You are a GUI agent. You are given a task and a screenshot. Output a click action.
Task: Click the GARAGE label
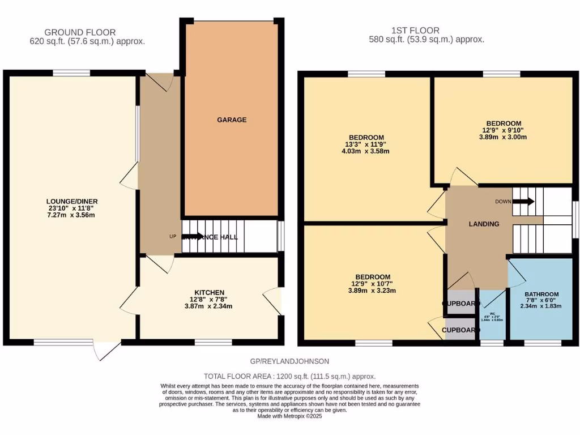click(x=232, y=120)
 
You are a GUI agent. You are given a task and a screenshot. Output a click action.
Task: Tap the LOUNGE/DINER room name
click(x=69, y=201)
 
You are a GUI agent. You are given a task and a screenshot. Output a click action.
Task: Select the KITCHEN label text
click(x=209, y=292)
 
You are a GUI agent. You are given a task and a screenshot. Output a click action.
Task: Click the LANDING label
click(x=484, y=224)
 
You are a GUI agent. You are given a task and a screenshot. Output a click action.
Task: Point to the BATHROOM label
click(x=541, y=295)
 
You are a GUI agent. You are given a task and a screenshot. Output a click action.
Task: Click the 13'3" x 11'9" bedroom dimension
click(x=366, y=144)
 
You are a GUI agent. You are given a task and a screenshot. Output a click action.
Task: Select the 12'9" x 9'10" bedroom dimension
click(x=504, y=130)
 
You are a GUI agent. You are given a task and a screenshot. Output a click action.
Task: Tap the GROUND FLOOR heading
click(x=80, y=32)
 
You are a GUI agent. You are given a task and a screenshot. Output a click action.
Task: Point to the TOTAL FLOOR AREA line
click(x=289, y=376)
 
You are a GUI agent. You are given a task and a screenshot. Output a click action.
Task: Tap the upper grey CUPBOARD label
click(x=459, y=304)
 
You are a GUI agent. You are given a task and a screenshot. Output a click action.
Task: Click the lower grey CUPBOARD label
click(x=459, y=330)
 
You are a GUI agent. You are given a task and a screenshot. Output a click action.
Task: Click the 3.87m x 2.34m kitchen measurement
click(x=209, y=306)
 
